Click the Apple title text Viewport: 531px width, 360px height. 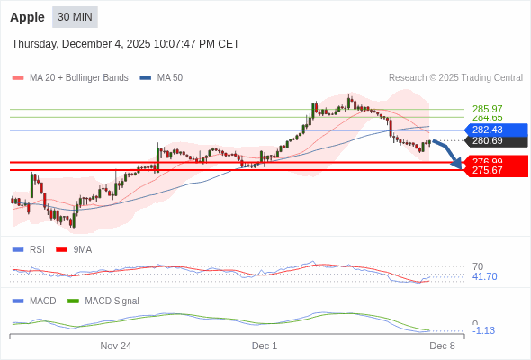tap(28, 17)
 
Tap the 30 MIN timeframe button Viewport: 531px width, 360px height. tap(75, 17)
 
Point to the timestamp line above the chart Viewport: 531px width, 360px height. tap(125, 43)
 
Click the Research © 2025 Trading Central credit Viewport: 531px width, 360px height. tap(455, 78)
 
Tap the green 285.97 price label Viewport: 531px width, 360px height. tap(487, 109)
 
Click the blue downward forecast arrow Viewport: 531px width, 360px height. tap(449, 153)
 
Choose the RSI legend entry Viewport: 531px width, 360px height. tap(36, 249)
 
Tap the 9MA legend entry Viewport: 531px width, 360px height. tap(82, 249)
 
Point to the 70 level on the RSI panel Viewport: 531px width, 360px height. tap(478, 266)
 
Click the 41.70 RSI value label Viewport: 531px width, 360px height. tap(484, 276)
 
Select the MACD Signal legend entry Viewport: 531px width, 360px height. tap(112, 301)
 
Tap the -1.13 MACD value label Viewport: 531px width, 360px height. tap(483, 330)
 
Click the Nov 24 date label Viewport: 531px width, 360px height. tap(115, 346)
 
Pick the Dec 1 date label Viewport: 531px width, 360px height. tap(265, 346)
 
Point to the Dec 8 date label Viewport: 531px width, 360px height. tap(442, 346)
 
